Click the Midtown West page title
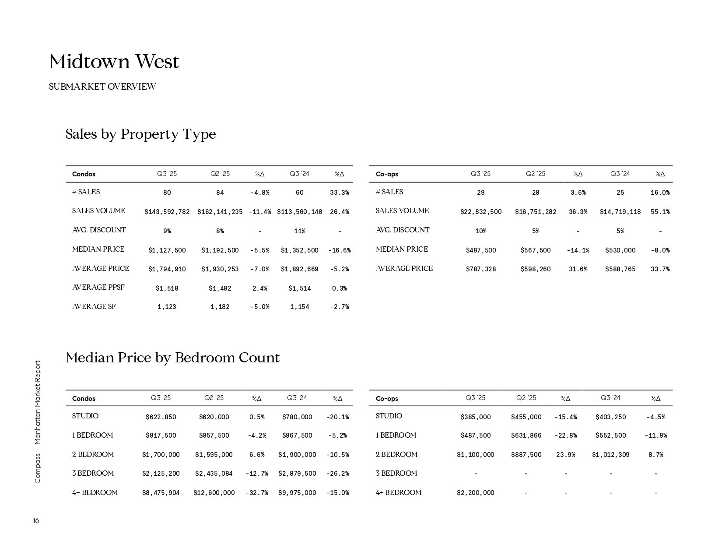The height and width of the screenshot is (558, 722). [114, 62]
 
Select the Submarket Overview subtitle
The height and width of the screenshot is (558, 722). [102, 87]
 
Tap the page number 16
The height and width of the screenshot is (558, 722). [36, 521]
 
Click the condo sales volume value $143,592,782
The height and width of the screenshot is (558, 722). [167, 212]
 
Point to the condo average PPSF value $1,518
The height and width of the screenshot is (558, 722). [167, 288]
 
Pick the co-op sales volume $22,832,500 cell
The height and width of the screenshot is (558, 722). [480, 212]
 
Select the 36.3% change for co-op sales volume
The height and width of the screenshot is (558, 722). [578, 212]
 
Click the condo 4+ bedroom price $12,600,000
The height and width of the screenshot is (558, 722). [214, 493]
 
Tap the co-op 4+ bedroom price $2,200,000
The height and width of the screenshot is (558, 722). [475, 493]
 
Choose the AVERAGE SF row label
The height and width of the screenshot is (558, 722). [94, 307]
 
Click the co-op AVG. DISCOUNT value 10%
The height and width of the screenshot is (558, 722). [480, 231]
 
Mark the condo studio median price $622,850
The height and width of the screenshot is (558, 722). [161, 417]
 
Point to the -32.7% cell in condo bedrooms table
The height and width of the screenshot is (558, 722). [256, 493]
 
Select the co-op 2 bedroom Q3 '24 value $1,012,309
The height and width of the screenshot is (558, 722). [610, 455]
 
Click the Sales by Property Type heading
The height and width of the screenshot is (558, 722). [140, 134]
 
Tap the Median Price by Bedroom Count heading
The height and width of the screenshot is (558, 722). [172, 358]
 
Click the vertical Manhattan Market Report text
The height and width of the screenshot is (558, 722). [37, 402]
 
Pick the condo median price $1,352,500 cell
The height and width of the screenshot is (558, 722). [299, 250]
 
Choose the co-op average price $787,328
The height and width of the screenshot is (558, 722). [480, 269]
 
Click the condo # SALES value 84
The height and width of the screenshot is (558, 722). [220, 193]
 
